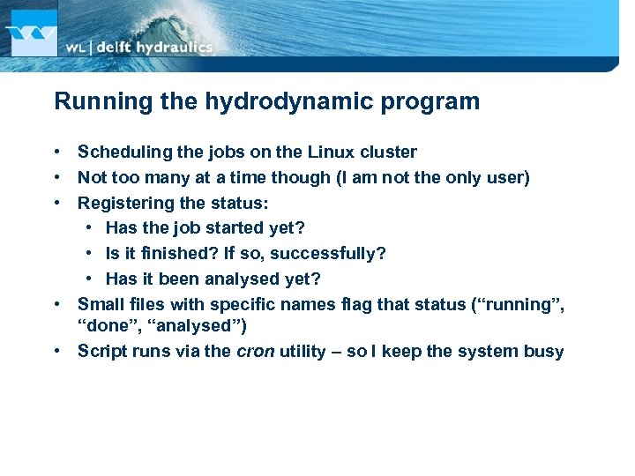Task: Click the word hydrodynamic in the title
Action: pos(280,101)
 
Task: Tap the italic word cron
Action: pos(256,351)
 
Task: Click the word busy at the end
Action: pos(543,351)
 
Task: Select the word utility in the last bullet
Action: pos(306,351)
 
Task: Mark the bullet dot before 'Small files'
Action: pos(56,305)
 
